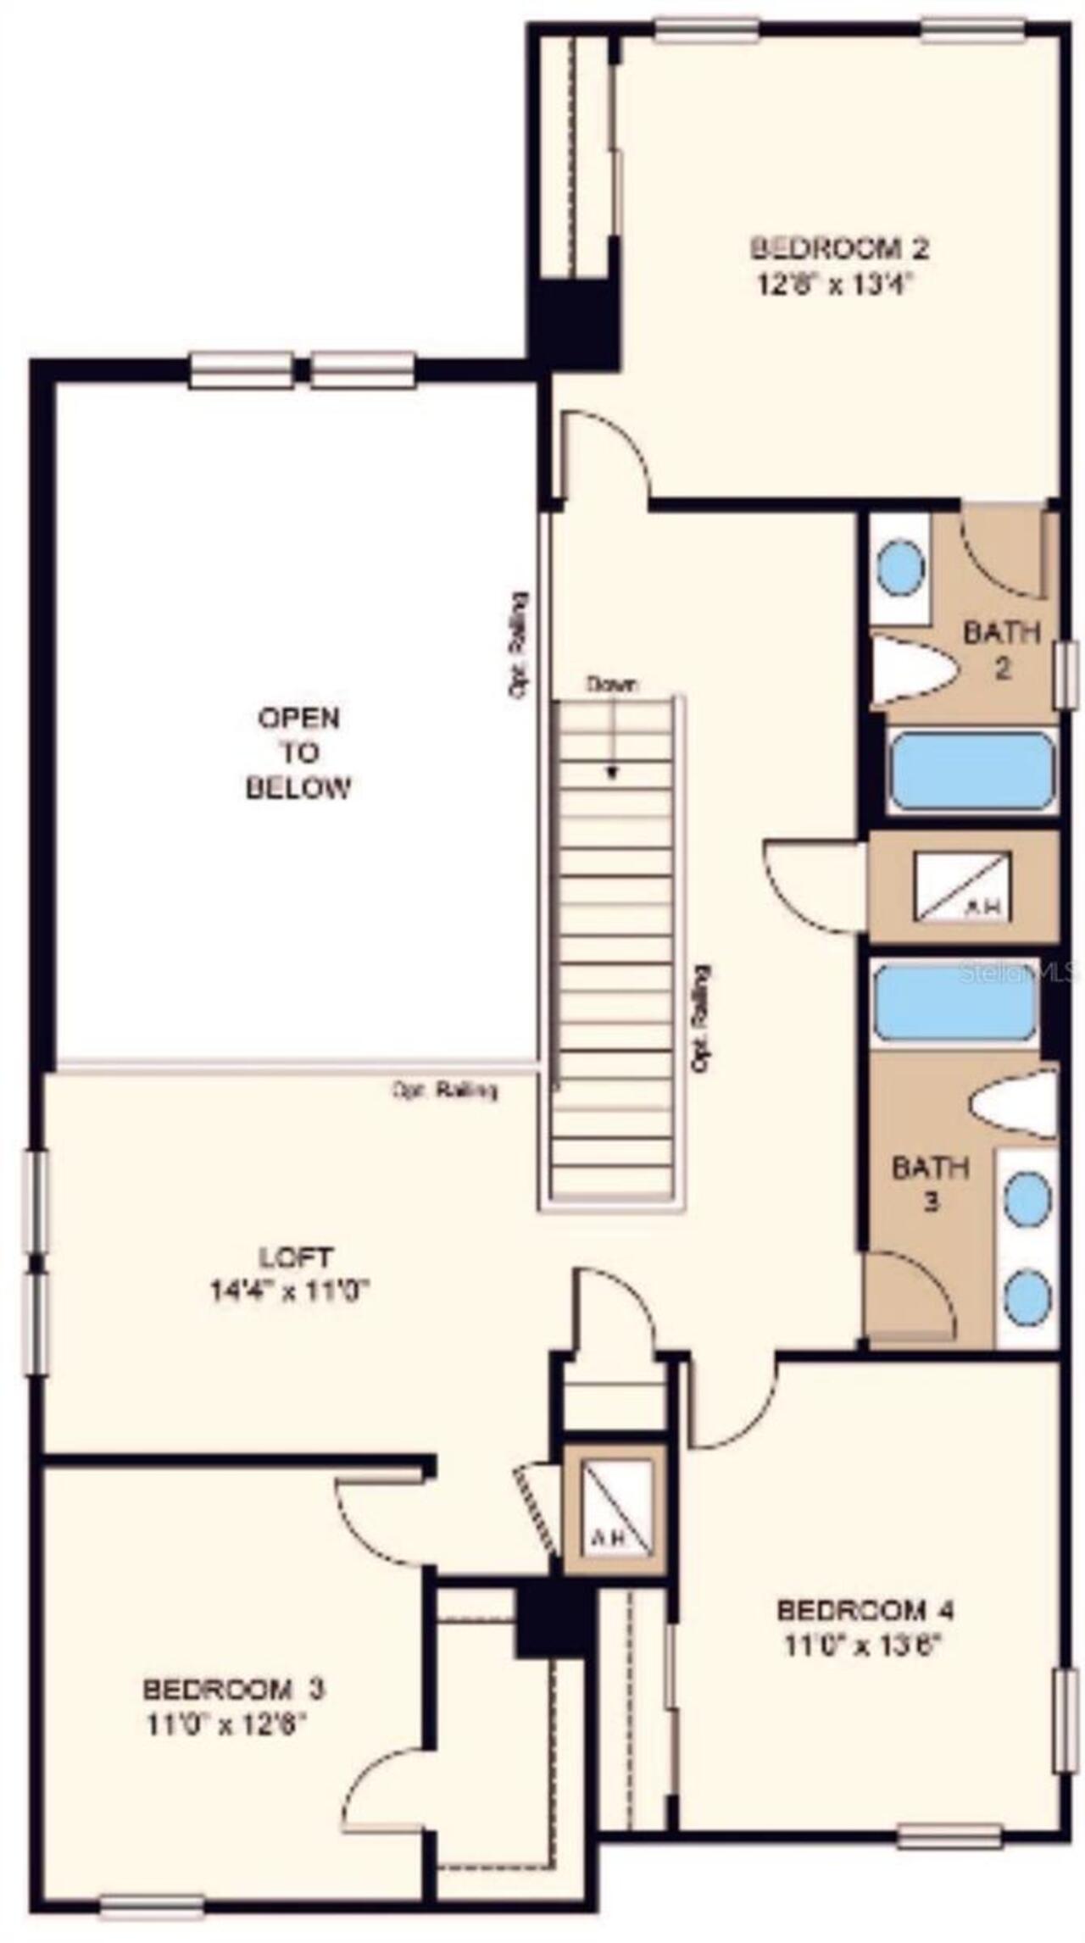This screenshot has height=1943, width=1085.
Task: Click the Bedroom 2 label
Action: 838,248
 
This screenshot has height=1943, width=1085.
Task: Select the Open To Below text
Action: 298,752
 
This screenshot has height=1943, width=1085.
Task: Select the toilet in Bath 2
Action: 912,669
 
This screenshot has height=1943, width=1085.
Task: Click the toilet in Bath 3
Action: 1014,1106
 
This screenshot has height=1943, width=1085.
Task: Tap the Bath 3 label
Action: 930,1184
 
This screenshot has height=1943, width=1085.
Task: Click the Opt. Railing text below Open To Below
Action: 444,1090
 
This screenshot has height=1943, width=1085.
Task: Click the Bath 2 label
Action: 1001,650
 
